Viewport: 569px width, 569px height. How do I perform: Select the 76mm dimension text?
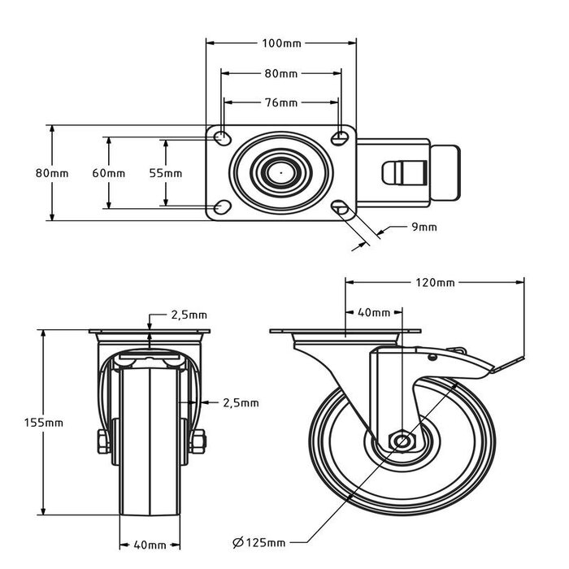point(281,102)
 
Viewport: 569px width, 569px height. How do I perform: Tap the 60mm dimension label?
point(108,173)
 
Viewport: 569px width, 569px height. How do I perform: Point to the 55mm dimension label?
point(166,173)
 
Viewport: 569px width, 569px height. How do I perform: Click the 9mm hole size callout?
point(423,227)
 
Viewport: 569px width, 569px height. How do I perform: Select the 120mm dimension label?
point(435,283)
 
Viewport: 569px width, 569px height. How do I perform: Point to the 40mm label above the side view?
point(374,312)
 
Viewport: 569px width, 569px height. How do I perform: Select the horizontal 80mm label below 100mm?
point(281,73)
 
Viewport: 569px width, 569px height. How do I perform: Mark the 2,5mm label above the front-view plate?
point(188,315)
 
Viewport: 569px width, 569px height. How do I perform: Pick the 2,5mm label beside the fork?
point(240,402)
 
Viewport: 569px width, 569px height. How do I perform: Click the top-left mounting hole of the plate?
point(221,137)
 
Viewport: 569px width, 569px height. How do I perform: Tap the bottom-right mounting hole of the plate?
point(341,210)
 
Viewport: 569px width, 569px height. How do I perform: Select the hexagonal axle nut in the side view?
point(402,441)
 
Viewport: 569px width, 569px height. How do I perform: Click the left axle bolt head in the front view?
point(102,442)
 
